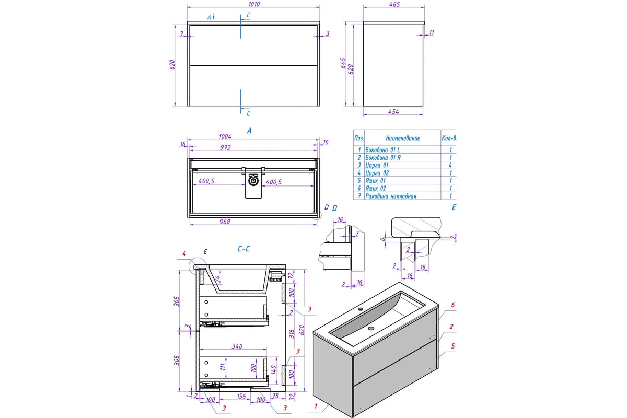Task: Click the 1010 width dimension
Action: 253,4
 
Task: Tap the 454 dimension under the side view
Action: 394,111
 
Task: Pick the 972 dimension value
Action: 226,148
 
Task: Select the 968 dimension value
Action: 226,222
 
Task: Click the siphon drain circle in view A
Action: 253,181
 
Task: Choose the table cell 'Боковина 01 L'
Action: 382,149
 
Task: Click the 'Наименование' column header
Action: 402,138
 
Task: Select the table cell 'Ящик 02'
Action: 376,189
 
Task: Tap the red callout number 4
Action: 184,254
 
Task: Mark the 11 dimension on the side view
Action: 432,33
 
